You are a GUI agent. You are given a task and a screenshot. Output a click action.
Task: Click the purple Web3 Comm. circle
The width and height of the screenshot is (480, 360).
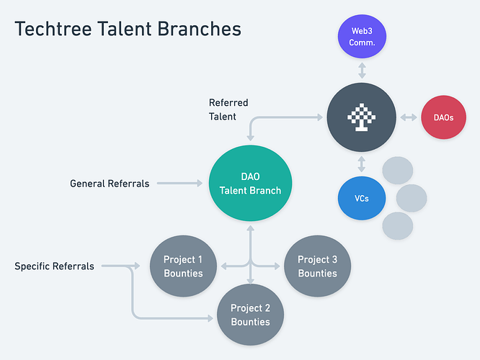(362, 37)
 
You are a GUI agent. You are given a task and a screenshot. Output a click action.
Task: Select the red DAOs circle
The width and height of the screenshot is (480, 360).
(443, 117)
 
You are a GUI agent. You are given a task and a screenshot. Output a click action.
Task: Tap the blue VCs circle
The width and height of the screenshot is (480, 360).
(362, 198)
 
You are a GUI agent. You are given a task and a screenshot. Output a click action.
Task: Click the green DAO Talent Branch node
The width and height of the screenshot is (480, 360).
(250, 183)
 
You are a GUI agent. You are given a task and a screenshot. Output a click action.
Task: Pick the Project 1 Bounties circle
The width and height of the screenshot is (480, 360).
(183, 266)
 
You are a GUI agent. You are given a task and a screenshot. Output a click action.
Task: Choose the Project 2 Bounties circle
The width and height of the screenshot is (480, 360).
(250, 315)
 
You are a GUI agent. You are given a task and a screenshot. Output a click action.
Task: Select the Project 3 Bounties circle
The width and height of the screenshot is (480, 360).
(317, 266)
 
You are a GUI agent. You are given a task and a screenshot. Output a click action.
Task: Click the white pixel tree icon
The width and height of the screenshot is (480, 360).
(362, 117)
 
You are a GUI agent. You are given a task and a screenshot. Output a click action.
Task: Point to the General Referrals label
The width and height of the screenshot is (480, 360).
(110, 184)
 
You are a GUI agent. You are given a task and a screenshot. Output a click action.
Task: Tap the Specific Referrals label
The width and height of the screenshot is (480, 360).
(54, 266)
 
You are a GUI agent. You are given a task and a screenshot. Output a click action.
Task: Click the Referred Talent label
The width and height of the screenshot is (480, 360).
(228, 109)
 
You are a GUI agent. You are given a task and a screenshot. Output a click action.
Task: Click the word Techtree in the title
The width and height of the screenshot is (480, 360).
(53, 29)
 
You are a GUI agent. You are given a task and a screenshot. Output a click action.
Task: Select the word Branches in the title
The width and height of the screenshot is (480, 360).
(200, 29)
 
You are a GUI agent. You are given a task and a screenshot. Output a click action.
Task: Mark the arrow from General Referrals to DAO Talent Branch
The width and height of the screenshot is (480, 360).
(179, 183)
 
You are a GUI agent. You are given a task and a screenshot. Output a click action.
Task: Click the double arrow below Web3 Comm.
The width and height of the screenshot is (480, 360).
(362, 71)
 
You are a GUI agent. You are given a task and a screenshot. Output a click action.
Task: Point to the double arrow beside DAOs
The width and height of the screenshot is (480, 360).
(409, 117)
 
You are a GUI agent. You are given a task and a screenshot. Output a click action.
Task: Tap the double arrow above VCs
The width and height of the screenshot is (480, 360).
(362, 164)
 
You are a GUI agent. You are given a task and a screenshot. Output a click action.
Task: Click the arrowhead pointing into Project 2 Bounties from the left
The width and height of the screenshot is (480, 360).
(210, 318)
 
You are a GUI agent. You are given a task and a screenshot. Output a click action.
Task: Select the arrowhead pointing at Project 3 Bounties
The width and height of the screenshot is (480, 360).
(277, 266)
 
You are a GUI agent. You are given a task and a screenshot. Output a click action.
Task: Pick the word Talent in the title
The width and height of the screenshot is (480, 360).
(125, 29)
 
